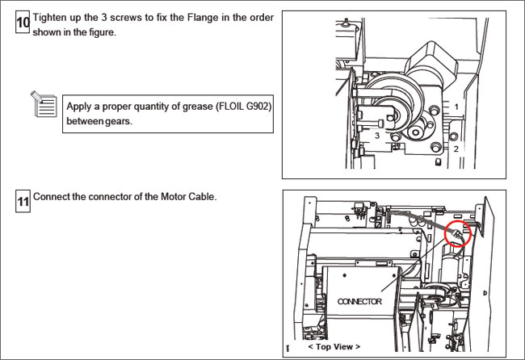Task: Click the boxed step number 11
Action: (x=23, y=203)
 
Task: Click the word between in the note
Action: (x=84, y=122)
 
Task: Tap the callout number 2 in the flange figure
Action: (x=456, y=149)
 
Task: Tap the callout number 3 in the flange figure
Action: (x=377, y=137)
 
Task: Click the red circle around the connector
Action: (x=460, y=232)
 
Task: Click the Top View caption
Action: (x=334, y=345)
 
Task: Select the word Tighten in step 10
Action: (x=49, y=17)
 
